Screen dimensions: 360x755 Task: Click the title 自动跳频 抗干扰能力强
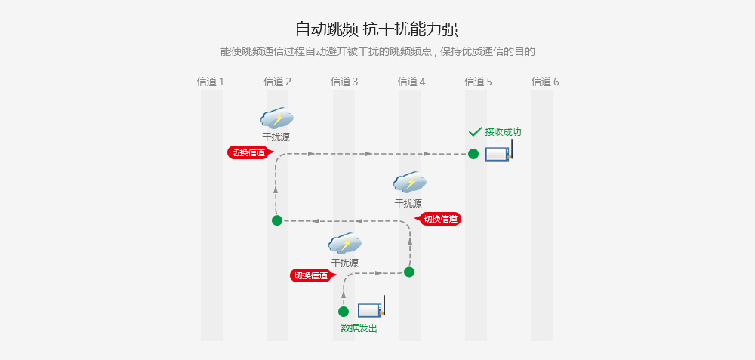377,29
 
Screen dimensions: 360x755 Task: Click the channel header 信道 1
210,82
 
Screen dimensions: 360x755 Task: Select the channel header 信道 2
277,82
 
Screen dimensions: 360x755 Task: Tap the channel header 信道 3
344,82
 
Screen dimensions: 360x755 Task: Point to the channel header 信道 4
411,82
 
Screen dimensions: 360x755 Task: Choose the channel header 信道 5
478,82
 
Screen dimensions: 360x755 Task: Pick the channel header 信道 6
545,82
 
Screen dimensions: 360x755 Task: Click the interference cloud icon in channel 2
276,118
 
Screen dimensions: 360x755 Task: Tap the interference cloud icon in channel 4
409,183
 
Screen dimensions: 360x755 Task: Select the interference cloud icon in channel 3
344,243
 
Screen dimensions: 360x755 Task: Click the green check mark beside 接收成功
475,132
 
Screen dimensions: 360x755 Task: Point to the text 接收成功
503,132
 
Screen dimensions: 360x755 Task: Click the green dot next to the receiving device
473,154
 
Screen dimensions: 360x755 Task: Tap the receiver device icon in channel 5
498,152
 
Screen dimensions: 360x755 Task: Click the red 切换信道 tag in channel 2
248,152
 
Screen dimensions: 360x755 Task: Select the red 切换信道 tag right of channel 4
440,219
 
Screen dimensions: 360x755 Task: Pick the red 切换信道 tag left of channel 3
311,275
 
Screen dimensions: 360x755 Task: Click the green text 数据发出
359,328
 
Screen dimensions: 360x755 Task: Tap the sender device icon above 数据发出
371,309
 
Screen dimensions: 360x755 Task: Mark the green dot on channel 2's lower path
277,220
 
